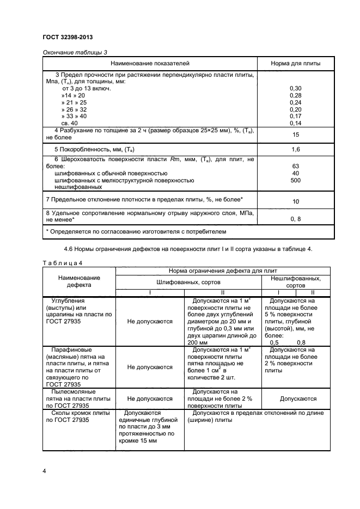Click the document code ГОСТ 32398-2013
point(67,37)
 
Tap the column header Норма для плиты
point(296,64)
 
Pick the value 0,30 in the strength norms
point(296,88)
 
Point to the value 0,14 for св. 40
point(296,124)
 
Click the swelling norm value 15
point(296,134)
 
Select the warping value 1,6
point(296,149)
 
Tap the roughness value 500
point(296,180)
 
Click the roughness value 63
point(296,167)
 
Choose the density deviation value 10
point(296,201)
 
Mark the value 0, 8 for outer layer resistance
point(296,218)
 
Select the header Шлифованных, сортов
point(185,283)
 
